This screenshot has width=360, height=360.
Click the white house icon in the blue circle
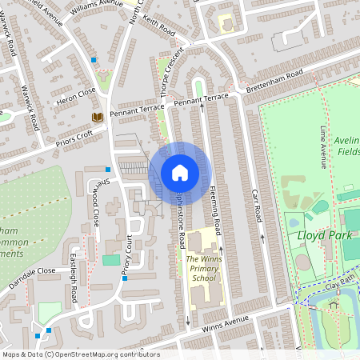click(180, 173)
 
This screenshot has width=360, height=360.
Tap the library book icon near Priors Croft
click(98, 118)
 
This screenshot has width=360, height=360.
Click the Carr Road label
click(258, 205)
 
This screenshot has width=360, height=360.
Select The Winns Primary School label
click(202, 270)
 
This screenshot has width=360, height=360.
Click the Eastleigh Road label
click(72, 278)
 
